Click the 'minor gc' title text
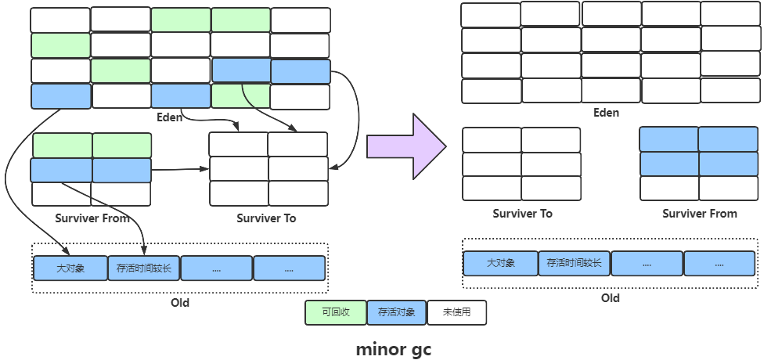tap(393, 349)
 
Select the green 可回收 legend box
tap(334, 313)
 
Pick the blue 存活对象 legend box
tap(397, 313)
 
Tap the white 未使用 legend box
tap(456, 313)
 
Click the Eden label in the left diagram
tap(169, 117)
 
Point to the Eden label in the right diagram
tap(606, 113)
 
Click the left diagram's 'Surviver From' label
tap(92, 218)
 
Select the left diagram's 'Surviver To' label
tap(266, 218)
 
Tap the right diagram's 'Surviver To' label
tap(522, 214)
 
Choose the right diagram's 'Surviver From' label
tap(700, 214)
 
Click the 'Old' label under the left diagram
tap(179, 303)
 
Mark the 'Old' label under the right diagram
tap(610, 298)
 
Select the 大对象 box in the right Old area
tap(500, 264)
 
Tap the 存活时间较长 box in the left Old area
tap(143, 268)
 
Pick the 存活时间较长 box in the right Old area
tap(574, 264)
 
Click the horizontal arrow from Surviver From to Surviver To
tap(180, 168)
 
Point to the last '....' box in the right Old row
tap(719, 264)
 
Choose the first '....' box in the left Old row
tap(216, 268)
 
